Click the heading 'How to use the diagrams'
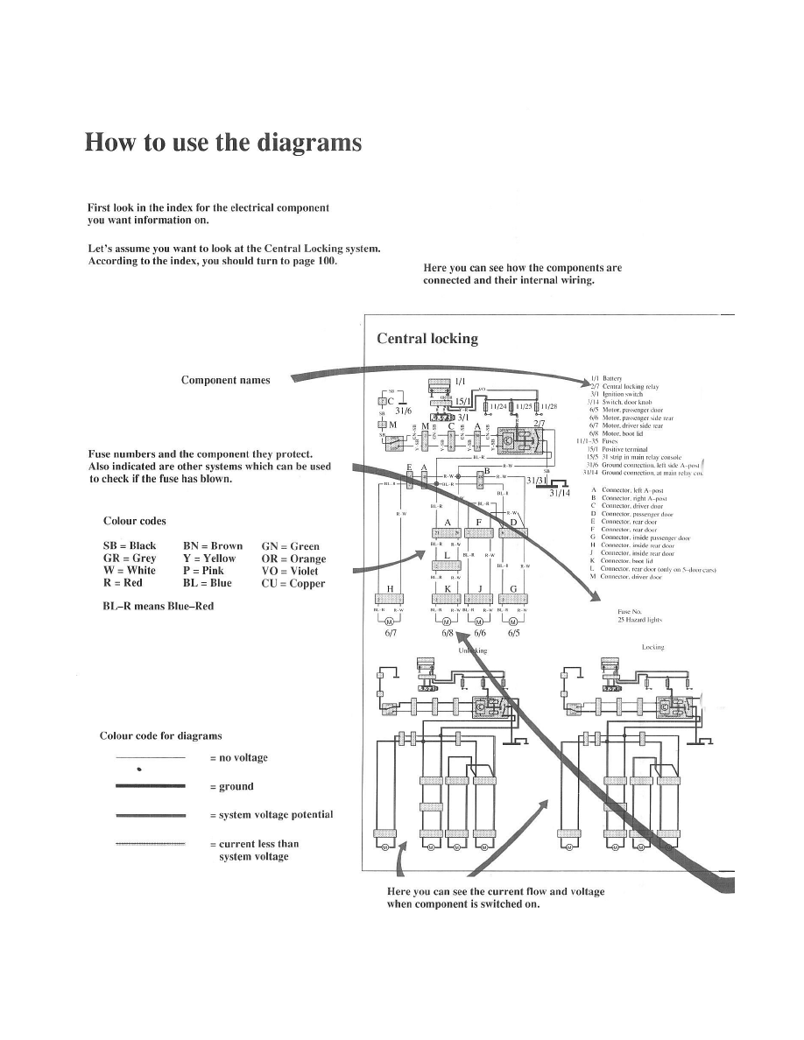click(222, 143)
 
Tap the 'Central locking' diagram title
click(427, 339)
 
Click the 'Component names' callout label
click(226, 380)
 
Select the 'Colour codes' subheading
click(135, 521)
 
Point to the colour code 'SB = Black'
click(130, 545)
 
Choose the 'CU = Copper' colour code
click(293, 583)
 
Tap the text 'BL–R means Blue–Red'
click(158, 606)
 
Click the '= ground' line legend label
click(232, 786)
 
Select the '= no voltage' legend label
click(239, 757)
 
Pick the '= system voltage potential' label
click(272, 814)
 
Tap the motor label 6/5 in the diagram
click(513, 634)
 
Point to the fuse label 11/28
click(548, 405)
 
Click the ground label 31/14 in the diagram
click(560, 494)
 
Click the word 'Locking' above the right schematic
click(653, 647)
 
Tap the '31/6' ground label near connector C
click(404, 410)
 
